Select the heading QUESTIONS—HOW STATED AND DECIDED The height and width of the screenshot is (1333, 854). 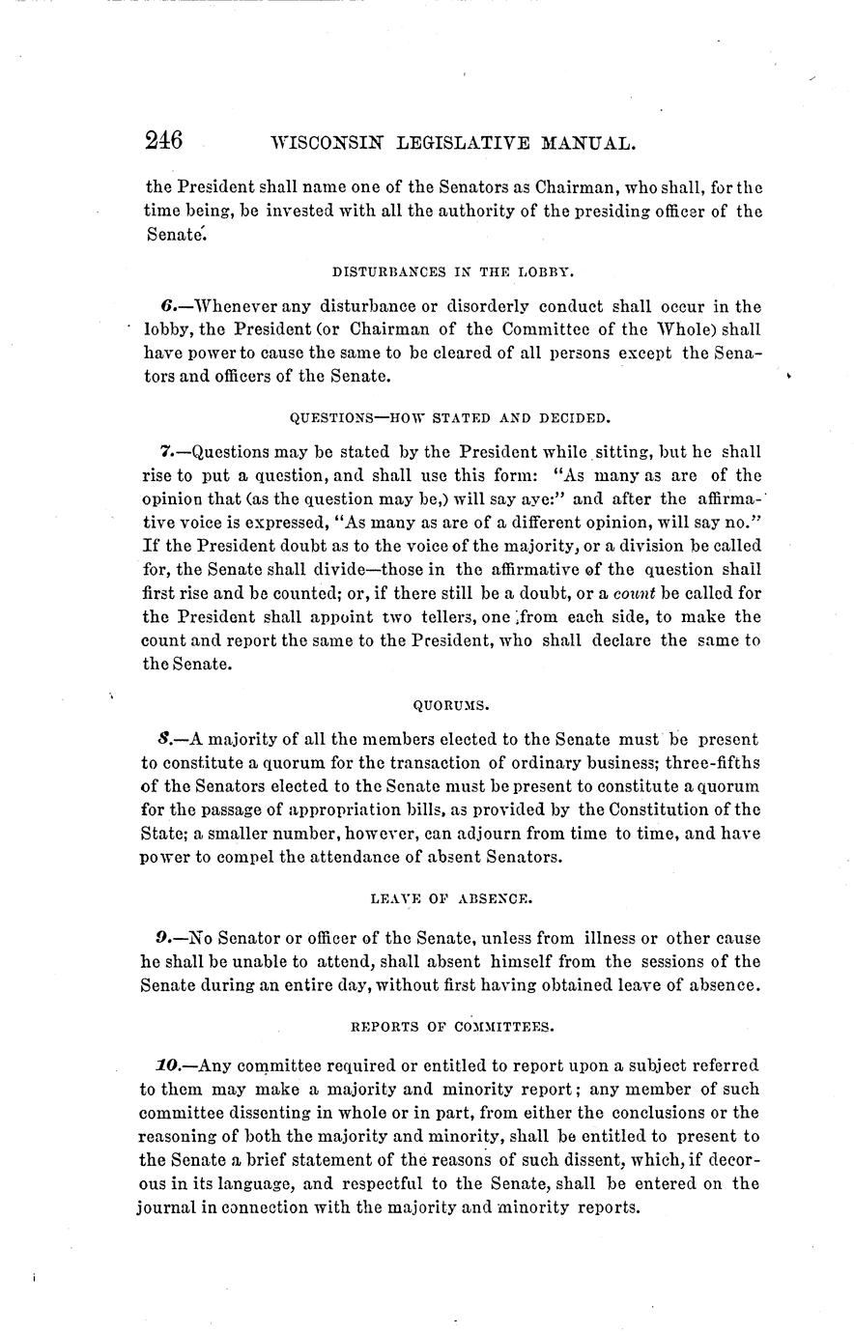(451, 418)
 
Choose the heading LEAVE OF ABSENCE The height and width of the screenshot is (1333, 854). (451, 898)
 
